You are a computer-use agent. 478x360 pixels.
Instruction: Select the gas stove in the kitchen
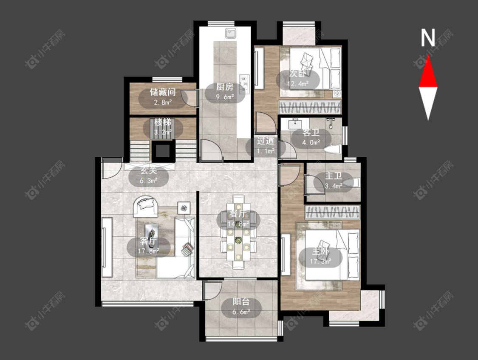(x=245, y=84)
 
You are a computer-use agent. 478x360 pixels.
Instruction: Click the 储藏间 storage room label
(x=162, y=92)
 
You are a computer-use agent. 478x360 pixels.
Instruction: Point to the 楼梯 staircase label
(x=162, y=122)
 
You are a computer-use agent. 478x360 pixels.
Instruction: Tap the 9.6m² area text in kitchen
(x=225, y=97)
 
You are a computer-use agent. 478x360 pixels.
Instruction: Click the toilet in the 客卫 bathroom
(x=331, y=150)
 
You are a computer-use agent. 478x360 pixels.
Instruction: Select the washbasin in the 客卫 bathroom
(x=295, y=124)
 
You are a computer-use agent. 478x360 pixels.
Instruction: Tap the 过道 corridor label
(x=266, y=141)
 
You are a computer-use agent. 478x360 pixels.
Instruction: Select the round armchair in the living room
(x=145, y=206)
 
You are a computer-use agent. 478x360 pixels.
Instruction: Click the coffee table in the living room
(x=152, y=231)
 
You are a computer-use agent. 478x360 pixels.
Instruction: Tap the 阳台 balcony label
(x=241, y=302)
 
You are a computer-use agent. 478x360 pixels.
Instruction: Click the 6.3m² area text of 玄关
(x=148, y=181)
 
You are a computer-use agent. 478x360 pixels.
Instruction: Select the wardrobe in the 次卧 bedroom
(x=310, y=107)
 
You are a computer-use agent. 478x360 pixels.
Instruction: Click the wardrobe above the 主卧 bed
(x=333, y=213)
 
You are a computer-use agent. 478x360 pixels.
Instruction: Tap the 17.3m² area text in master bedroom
(x=321, y=261)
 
